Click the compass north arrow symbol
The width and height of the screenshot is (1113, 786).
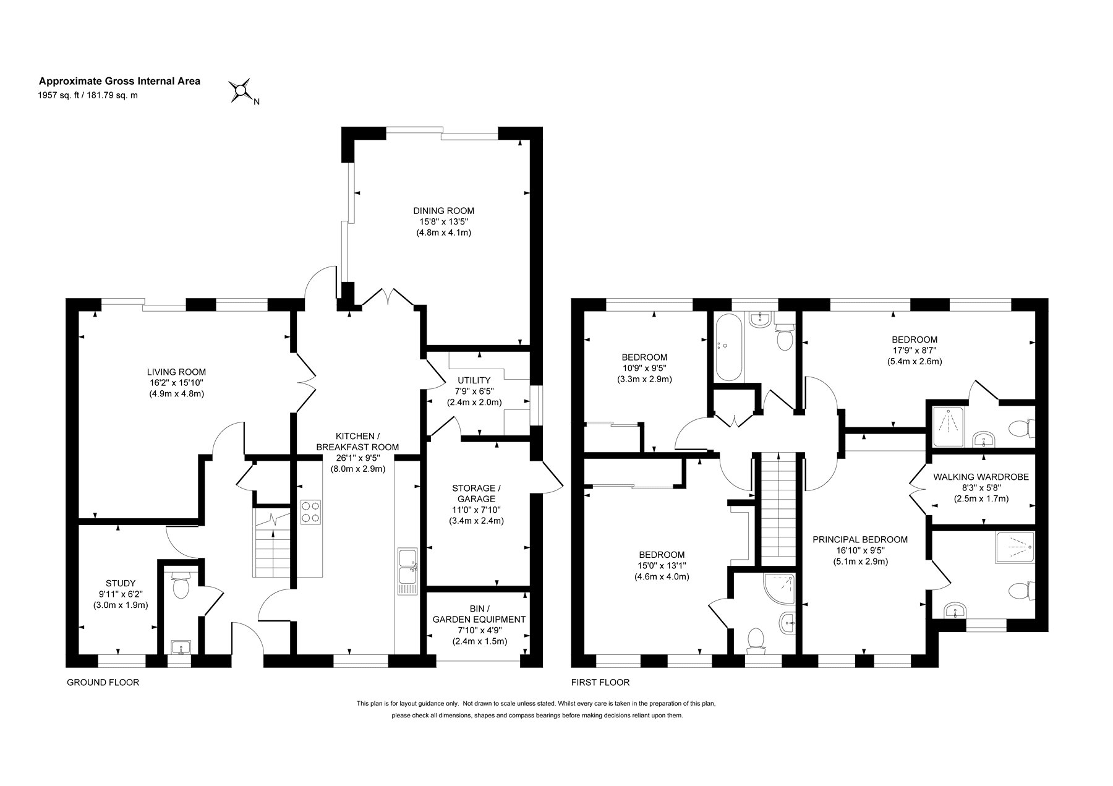click(240, 91)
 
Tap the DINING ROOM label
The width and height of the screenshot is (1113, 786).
click(443, 211)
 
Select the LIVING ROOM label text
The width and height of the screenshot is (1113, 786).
click(176, 372)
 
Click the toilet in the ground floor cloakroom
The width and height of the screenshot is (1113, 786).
click(180, 585)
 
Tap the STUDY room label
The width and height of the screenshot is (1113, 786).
click(120, 583)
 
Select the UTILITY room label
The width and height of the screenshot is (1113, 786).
click(474, 380)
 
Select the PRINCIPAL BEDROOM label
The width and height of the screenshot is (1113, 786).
click(860, 539)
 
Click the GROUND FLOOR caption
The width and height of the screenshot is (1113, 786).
click(103, 683)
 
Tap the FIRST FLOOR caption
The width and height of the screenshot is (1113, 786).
click(600, 683)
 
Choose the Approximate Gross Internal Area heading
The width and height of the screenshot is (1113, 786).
click(120, 80)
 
